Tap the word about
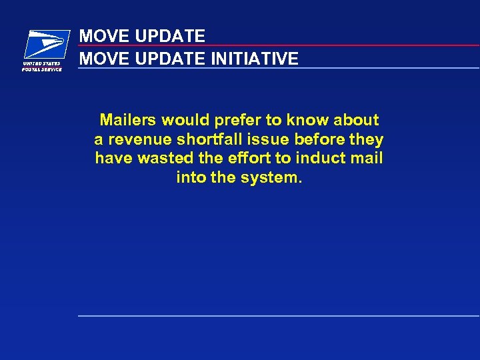tap(356, 120)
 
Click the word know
tap(308, 120)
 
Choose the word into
tap(189, 178)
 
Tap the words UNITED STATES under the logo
tap(41, 64)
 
